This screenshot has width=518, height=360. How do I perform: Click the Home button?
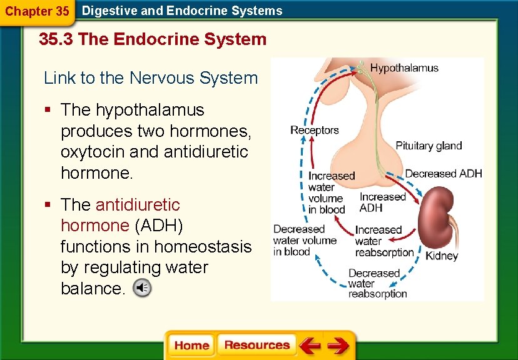[x=191, y=346]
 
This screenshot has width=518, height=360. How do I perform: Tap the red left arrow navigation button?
[x=309, y=346]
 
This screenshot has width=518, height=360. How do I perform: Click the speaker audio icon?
[x=143, y=288]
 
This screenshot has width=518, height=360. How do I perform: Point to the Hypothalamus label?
[x=404, y=68]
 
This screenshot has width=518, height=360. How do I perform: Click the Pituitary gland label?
[x=429, y=146]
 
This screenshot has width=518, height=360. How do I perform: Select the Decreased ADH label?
[x=444, y=174]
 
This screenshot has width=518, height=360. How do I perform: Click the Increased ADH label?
[x=382, y=202]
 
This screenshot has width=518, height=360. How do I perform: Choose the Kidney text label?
[x=442, y=255]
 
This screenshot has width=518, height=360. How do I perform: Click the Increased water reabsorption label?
[x=384, y=241]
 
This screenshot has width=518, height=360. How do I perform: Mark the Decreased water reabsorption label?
[x=377, y=283]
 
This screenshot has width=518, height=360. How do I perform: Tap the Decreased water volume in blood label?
[x=304, y=241]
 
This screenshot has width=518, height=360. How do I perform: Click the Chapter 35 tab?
[x=37, y=11]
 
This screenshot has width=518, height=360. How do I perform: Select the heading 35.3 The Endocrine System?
[x=153, y=40]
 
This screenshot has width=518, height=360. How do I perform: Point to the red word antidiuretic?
[x=138, y=205]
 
